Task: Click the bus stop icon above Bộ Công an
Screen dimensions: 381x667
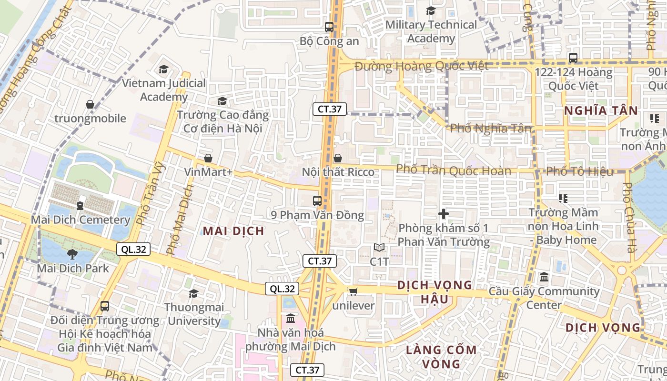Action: [329, 27]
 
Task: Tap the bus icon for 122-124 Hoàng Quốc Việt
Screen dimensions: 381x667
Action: [573, 58]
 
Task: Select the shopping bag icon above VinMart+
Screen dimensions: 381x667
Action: [208, 158]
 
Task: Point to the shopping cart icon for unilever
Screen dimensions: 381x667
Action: [353, 291]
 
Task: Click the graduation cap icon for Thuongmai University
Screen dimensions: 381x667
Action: [193, 293]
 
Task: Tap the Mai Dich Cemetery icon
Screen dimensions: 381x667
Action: [80, 205]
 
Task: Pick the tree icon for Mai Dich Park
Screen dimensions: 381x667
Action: [72, 254]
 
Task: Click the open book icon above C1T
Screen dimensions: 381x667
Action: [379, 247]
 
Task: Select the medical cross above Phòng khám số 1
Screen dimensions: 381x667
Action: [444, 214]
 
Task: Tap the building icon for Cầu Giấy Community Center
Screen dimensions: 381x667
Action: [544, 277]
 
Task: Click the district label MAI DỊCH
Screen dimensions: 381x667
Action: [233, 231]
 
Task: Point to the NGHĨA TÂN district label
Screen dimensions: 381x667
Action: [600, 111]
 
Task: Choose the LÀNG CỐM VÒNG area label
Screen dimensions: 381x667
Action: [441, 357]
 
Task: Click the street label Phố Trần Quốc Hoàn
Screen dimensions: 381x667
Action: [454, 170]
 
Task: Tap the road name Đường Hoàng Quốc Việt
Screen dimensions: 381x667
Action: [421, 66]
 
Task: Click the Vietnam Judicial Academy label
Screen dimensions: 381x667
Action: [164, 90]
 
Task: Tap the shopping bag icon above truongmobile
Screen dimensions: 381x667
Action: [90, 104]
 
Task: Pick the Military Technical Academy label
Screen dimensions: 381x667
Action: [431, 31]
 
